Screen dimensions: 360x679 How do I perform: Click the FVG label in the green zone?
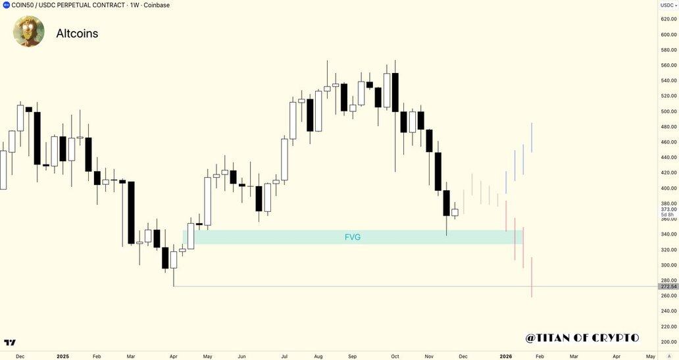353,237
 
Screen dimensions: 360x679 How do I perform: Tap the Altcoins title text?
77,34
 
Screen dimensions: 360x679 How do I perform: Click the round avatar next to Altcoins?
29,32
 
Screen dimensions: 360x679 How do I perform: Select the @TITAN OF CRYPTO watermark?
582,338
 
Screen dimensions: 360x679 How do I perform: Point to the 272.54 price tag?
668,286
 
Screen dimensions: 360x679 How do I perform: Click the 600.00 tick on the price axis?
668,34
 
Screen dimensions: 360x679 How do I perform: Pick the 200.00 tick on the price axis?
668,342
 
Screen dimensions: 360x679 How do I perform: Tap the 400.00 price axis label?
668,188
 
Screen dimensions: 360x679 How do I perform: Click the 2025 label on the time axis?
63,355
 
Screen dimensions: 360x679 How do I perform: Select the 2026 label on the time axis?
506,355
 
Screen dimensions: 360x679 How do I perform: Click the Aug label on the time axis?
318,355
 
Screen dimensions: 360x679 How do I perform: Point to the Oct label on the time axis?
394,355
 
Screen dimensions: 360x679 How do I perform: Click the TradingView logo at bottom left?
10,343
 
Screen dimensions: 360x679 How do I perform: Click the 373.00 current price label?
668,209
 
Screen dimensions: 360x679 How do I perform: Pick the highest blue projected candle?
532,138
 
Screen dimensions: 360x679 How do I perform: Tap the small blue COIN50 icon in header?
6,5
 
